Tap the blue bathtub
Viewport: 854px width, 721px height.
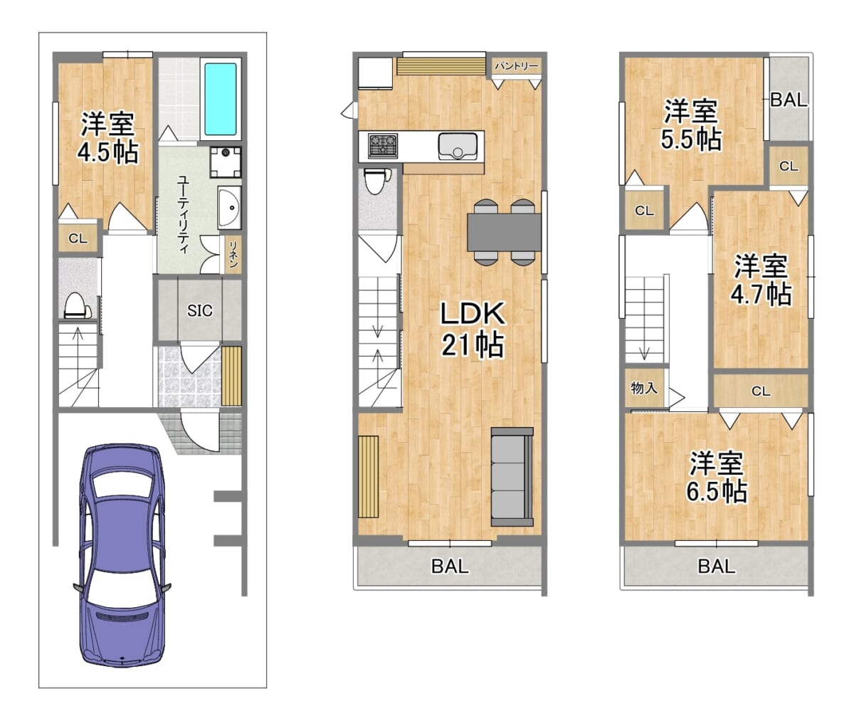221,99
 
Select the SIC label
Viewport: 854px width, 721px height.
200,311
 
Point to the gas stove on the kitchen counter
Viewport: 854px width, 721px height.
383,146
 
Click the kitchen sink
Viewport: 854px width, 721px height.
458,147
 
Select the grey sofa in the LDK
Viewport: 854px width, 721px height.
512,477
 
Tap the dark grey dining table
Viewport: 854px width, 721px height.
505,232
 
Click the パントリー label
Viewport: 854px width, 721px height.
517,66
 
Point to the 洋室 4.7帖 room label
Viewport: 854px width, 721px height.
761,280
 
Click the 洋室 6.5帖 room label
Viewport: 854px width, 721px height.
717,477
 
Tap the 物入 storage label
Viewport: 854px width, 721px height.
644,388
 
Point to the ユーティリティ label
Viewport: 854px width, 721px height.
183,215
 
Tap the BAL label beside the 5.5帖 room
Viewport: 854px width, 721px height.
789,100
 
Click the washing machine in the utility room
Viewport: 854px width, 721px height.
226,162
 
